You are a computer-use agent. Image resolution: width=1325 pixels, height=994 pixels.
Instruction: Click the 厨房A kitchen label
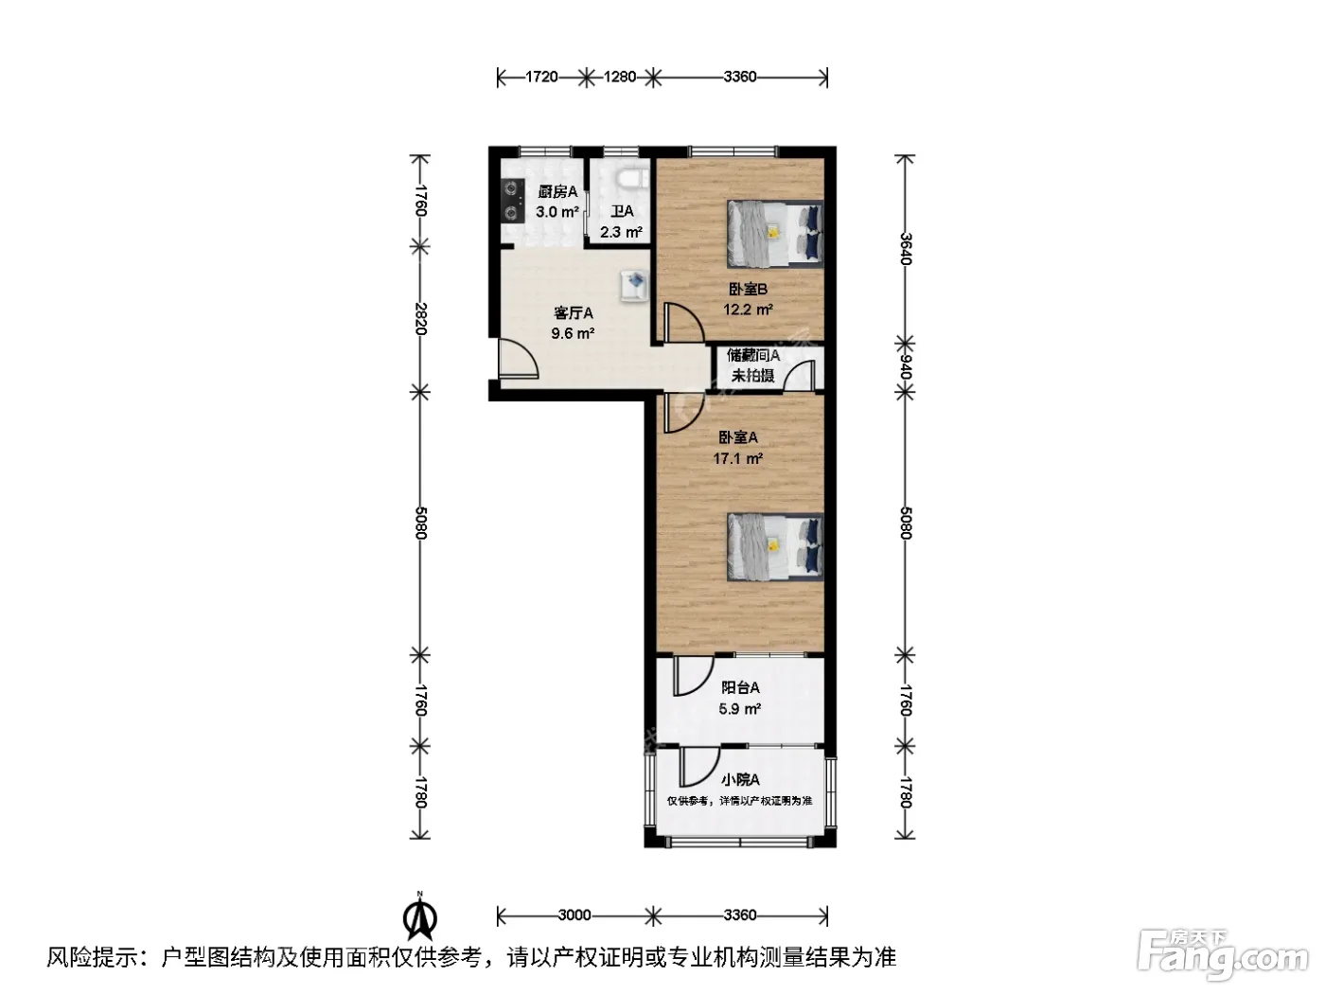coord(557,192)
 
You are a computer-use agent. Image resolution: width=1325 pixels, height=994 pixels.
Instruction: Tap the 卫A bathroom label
coord(622,211)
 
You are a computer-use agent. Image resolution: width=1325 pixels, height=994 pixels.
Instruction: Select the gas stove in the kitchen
coord(513,200)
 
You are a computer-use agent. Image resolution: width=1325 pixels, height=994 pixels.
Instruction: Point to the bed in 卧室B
coord(775,234)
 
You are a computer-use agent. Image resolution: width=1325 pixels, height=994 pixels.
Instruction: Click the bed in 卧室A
coord(775,547)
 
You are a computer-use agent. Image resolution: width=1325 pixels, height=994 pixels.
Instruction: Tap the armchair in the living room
coord(634,286)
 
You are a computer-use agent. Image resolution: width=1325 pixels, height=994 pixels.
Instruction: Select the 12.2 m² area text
coord(748,310)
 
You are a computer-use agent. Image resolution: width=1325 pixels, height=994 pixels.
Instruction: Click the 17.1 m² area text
coord(737,459)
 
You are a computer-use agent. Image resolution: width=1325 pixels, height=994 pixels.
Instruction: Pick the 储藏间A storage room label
coord(752,356)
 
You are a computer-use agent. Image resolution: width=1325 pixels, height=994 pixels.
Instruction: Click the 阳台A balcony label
coord(740,687)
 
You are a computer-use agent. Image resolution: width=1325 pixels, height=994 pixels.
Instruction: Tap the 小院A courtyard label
coord(740,780)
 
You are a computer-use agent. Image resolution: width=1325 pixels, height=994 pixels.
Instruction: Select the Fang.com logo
coord(1223,955)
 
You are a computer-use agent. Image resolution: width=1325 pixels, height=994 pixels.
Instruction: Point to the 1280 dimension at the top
coord(620,78)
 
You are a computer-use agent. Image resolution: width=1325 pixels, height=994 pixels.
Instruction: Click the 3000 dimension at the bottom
coord(574,915)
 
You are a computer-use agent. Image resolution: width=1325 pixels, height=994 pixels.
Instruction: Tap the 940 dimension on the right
coord(905,367)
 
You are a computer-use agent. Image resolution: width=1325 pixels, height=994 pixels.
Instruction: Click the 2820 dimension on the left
coord(421,319)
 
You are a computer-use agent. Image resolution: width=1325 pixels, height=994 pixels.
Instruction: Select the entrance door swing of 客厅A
coord(518,359)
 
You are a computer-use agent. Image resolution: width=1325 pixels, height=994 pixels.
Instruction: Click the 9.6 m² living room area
coord(573,333)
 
